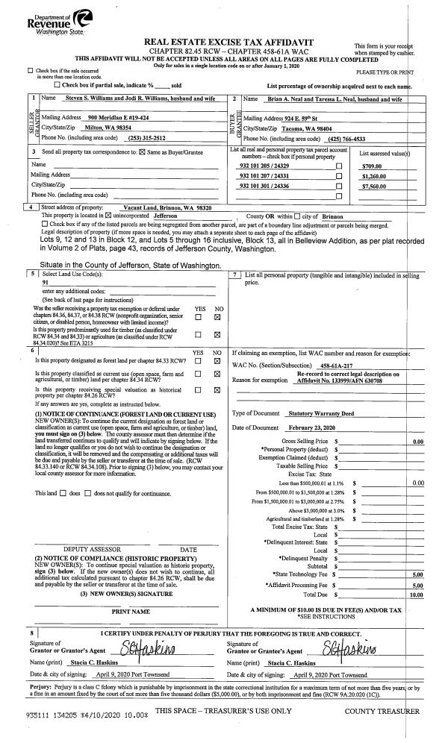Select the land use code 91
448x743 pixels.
pos(46,283)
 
